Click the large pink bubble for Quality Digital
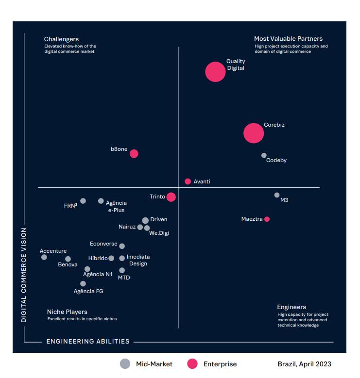(x=215, y=72)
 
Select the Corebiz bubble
(x=253, y=133)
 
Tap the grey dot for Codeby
(x=264, y=155)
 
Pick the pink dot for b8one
(x=134, y=153)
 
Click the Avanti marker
(x=188, y=181)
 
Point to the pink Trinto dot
(x=171, y=197)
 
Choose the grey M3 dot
(x=277, y=195)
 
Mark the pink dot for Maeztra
(x=267, y=219)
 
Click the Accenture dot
(x=44, y=257)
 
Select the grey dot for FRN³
(x=83, y=201)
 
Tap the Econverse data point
(x=122, y=246)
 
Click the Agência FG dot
(x=83, y=283)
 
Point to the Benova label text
(x=68, y=265)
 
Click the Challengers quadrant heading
(x=61, y=39)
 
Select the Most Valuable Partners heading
(x=288, y=39)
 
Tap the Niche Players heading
(x=67, y=312)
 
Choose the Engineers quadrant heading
(x=291, y=307)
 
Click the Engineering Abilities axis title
(x=88, y=342)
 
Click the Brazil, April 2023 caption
(x=304, y=364)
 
